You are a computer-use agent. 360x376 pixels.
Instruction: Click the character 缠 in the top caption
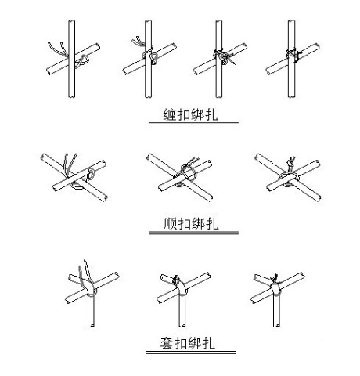(x=170, y=114)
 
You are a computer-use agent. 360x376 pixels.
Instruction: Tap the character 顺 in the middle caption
(x=171, y=223)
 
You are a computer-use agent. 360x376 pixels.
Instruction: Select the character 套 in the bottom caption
(x=167, y=343)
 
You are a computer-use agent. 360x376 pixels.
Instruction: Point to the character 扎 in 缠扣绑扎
(x=211, y=114)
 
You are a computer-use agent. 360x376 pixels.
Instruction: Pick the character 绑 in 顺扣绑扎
(x=198, y=223)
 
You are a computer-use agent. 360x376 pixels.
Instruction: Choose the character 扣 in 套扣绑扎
(x=181, y=343)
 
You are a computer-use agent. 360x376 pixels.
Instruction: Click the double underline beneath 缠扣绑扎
(x=193, y=124)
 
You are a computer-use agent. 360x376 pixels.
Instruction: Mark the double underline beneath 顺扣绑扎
(x=193, y=233)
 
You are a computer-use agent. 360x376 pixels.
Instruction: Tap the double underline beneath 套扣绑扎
(x=190, y=352)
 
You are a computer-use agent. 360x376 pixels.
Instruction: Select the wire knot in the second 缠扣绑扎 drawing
(x=153, y=56)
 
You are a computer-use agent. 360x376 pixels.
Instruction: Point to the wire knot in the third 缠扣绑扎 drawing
(x=224, y=56)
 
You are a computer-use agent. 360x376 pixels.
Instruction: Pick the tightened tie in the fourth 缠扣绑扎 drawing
(x=294, y=54)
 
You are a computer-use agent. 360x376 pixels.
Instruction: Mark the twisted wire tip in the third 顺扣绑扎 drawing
(x=291, y=163)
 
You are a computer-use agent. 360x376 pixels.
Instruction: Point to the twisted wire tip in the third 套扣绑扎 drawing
(x=275, y=277)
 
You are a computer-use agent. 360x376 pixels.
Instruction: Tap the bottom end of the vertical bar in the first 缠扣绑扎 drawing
(x=71, y=96)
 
